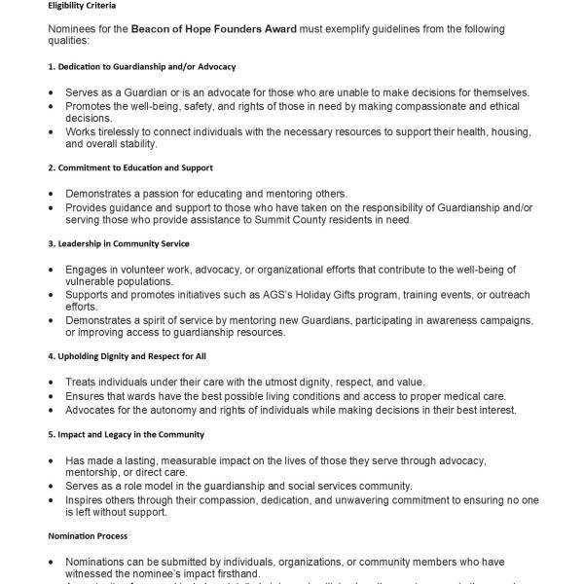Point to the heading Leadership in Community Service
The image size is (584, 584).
(x=123, y=242)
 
